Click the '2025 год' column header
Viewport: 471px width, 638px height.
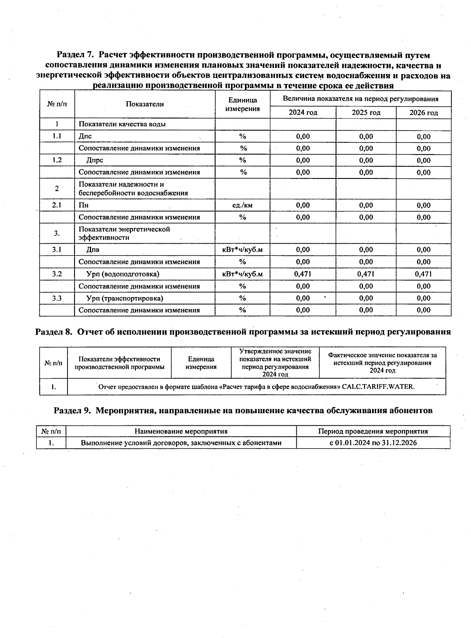(x=366, y=113)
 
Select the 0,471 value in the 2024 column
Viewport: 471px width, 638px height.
(x=303, y=274)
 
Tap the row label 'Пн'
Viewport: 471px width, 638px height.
(x=84, y=205)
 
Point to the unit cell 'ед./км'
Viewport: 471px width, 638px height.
(x=243, y=205)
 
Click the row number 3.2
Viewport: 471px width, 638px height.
(x=57, y=274)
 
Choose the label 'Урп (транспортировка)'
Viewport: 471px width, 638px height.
(x=124, y=298)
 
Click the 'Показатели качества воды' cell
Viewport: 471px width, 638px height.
(x=122, y=124)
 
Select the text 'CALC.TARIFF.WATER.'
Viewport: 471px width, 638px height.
(x=378, y=386)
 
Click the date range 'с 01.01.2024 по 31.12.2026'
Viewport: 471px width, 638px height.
(x=373, y=443)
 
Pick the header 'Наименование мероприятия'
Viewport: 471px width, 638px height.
(x=181, y=431)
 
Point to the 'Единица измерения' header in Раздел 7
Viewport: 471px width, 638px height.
(x=243, y=104)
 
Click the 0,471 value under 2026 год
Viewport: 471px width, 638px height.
(x=424, y=274)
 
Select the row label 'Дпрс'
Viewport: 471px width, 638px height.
(x=95, y=160)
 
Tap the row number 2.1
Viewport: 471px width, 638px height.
(x=57, y=205)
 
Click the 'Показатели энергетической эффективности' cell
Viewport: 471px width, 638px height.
(x=124, y=233)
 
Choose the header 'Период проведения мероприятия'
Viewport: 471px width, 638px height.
(x=373, y=431)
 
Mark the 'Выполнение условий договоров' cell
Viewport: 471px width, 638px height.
(x=181, y=443)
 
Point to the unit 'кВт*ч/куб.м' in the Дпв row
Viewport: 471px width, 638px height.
(x=243, y=250)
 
